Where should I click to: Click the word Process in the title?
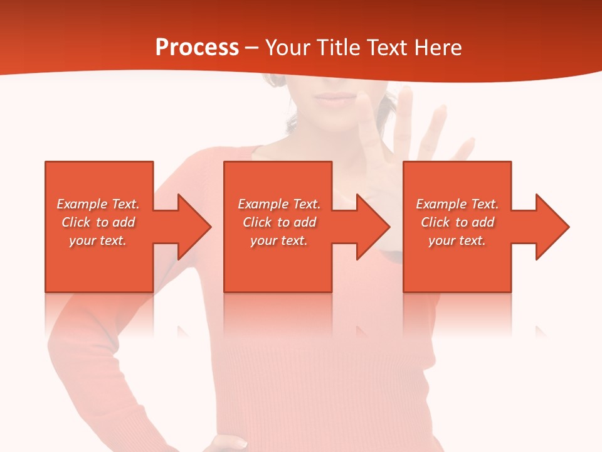pos(197,47)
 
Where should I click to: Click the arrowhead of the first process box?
pos(192,227)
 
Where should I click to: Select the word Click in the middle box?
pos(257,222)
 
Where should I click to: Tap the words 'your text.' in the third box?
pos(457,240)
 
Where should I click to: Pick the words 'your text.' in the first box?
pos(97,240)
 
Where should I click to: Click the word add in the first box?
pos(124,222)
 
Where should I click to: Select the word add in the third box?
pos(483,222)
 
